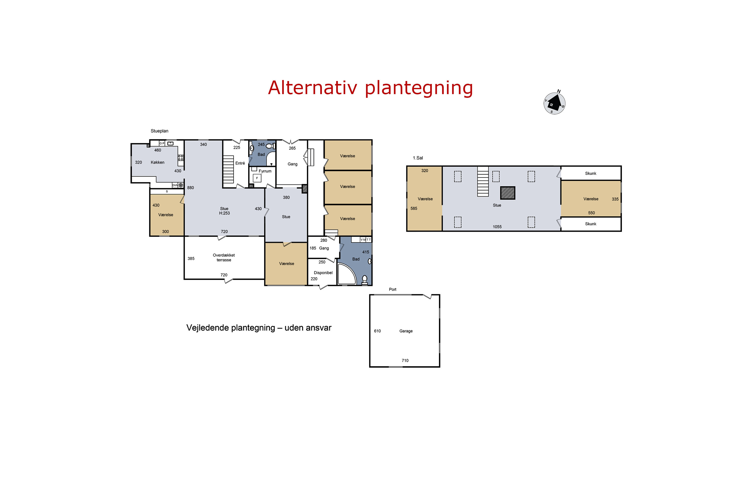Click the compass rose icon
coord(554,103)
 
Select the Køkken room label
coord(157,162)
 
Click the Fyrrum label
coord(265,171)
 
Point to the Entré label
coord(240,163)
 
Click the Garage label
coord(406,331)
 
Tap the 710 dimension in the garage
coord(405,360)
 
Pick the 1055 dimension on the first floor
coord(497,227)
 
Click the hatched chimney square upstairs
coord(508,193)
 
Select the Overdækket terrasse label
coord(224,257)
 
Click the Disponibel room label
coord(323,273)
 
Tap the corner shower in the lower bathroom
coord(347,274)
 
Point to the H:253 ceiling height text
coord(224,213)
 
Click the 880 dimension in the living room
coord(190,188)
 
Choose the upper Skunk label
coord(591,173)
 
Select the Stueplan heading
coord(160,131)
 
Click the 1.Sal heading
coord(418,158)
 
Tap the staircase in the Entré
coord(228,169)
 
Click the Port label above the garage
coord(393,289)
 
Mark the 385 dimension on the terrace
coord(191,259)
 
